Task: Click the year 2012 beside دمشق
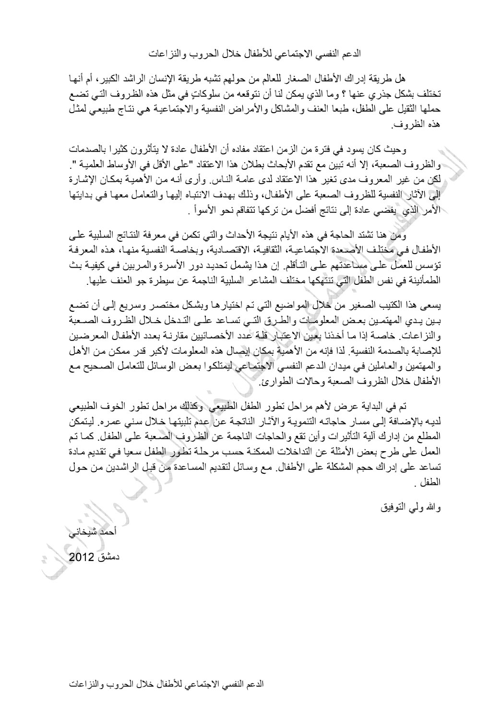click(x=83, y=558)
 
